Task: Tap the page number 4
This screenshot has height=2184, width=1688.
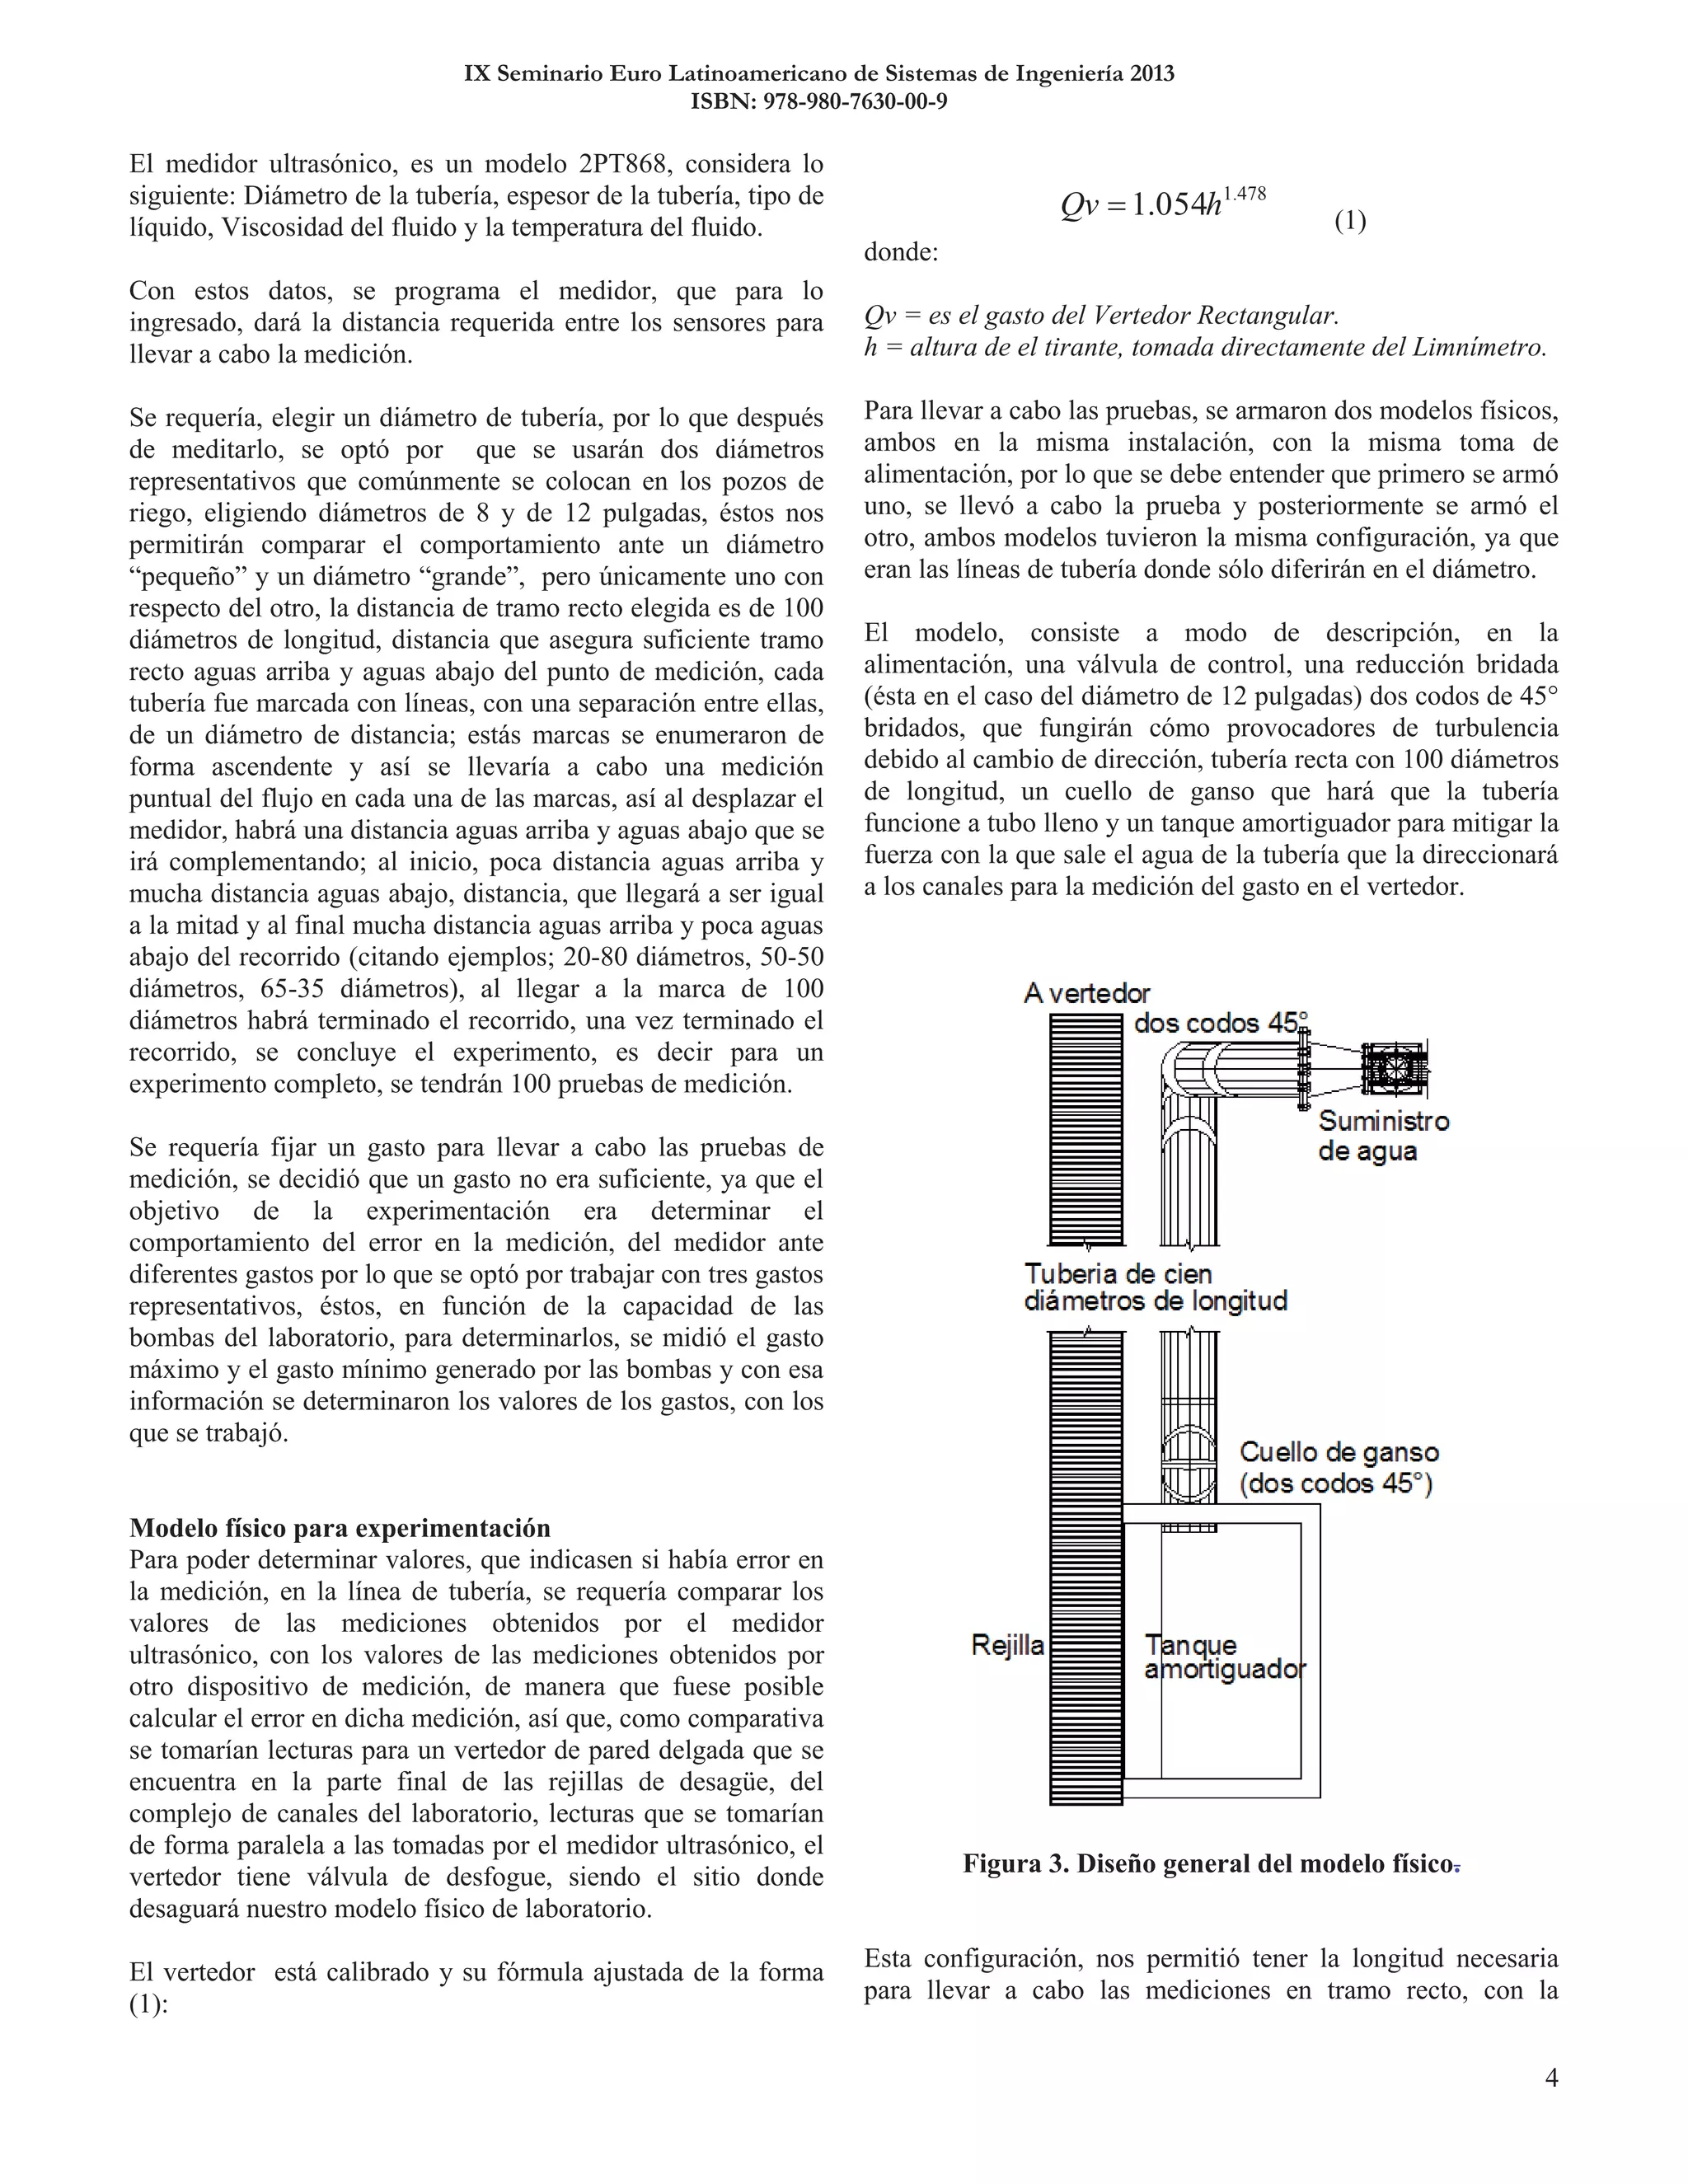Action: tap(1551, 2078)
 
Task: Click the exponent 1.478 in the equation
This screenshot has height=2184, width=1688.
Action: tap(1245, 194)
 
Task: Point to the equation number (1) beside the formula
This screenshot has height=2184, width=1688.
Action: tap(1350, 221)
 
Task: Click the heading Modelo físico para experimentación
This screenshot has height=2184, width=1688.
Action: tap(340, 1528)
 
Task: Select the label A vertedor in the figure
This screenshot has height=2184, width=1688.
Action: tap(1087, 993)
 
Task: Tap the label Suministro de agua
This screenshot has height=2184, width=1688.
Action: tap(1383, 1135)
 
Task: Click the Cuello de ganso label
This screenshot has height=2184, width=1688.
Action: tap(1338, 1467)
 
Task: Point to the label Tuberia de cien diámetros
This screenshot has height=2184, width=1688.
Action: tap(1155, 1288)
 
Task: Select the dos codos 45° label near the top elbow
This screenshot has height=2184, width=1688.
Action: tap(1220, 1023)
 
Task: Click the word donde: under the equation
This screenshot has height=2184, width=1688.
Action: tap(901, 252)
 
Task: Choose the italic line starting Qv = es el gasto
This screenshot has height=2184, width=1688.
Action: tap(1101, 316)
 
